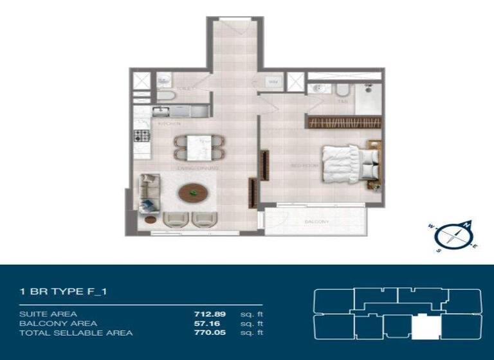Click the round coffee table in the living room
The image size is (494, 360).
(192, 193)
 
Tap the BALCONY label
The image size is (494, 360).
(316, 222)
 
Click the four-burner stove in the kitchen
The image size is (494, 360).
(142, 136)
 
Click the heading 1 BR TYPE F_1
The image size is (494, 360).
(63, 292)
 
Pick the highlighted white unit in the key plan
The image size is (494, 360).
(423, 327)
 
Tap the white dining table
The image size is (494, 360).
(198, 148)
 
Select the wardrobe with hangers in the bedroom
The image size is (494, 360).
(343, 122)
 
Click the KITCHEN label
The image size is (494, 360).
(169, 123)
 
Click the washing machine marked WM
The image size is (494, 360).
(273, 82)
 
